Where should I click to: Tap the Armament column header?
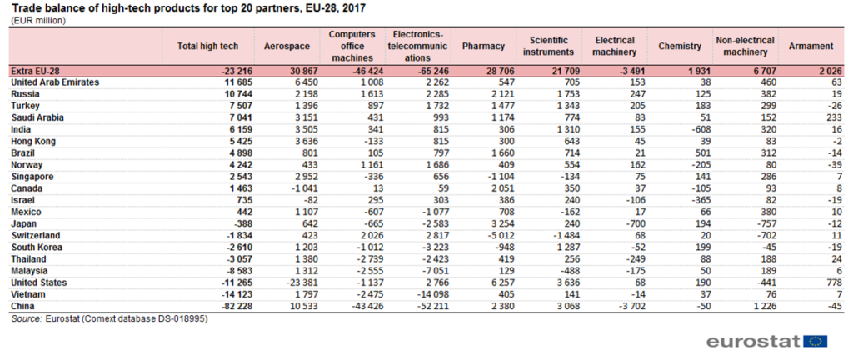coord(806,46)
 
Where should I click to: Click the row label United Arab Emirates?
coord(54,83)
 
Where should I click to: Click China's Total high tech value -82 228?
coord(222,306)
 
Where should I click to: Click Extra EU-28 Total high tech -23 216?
coord(222,72)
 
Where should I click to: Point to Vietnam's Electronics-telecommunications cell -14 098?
coord(418,294)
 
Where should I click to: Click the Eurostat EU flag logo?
coord(816,340)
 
